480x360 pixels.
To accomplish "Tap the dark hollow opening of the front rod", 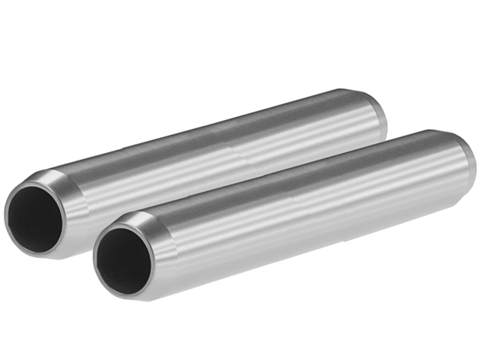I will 121,259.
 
